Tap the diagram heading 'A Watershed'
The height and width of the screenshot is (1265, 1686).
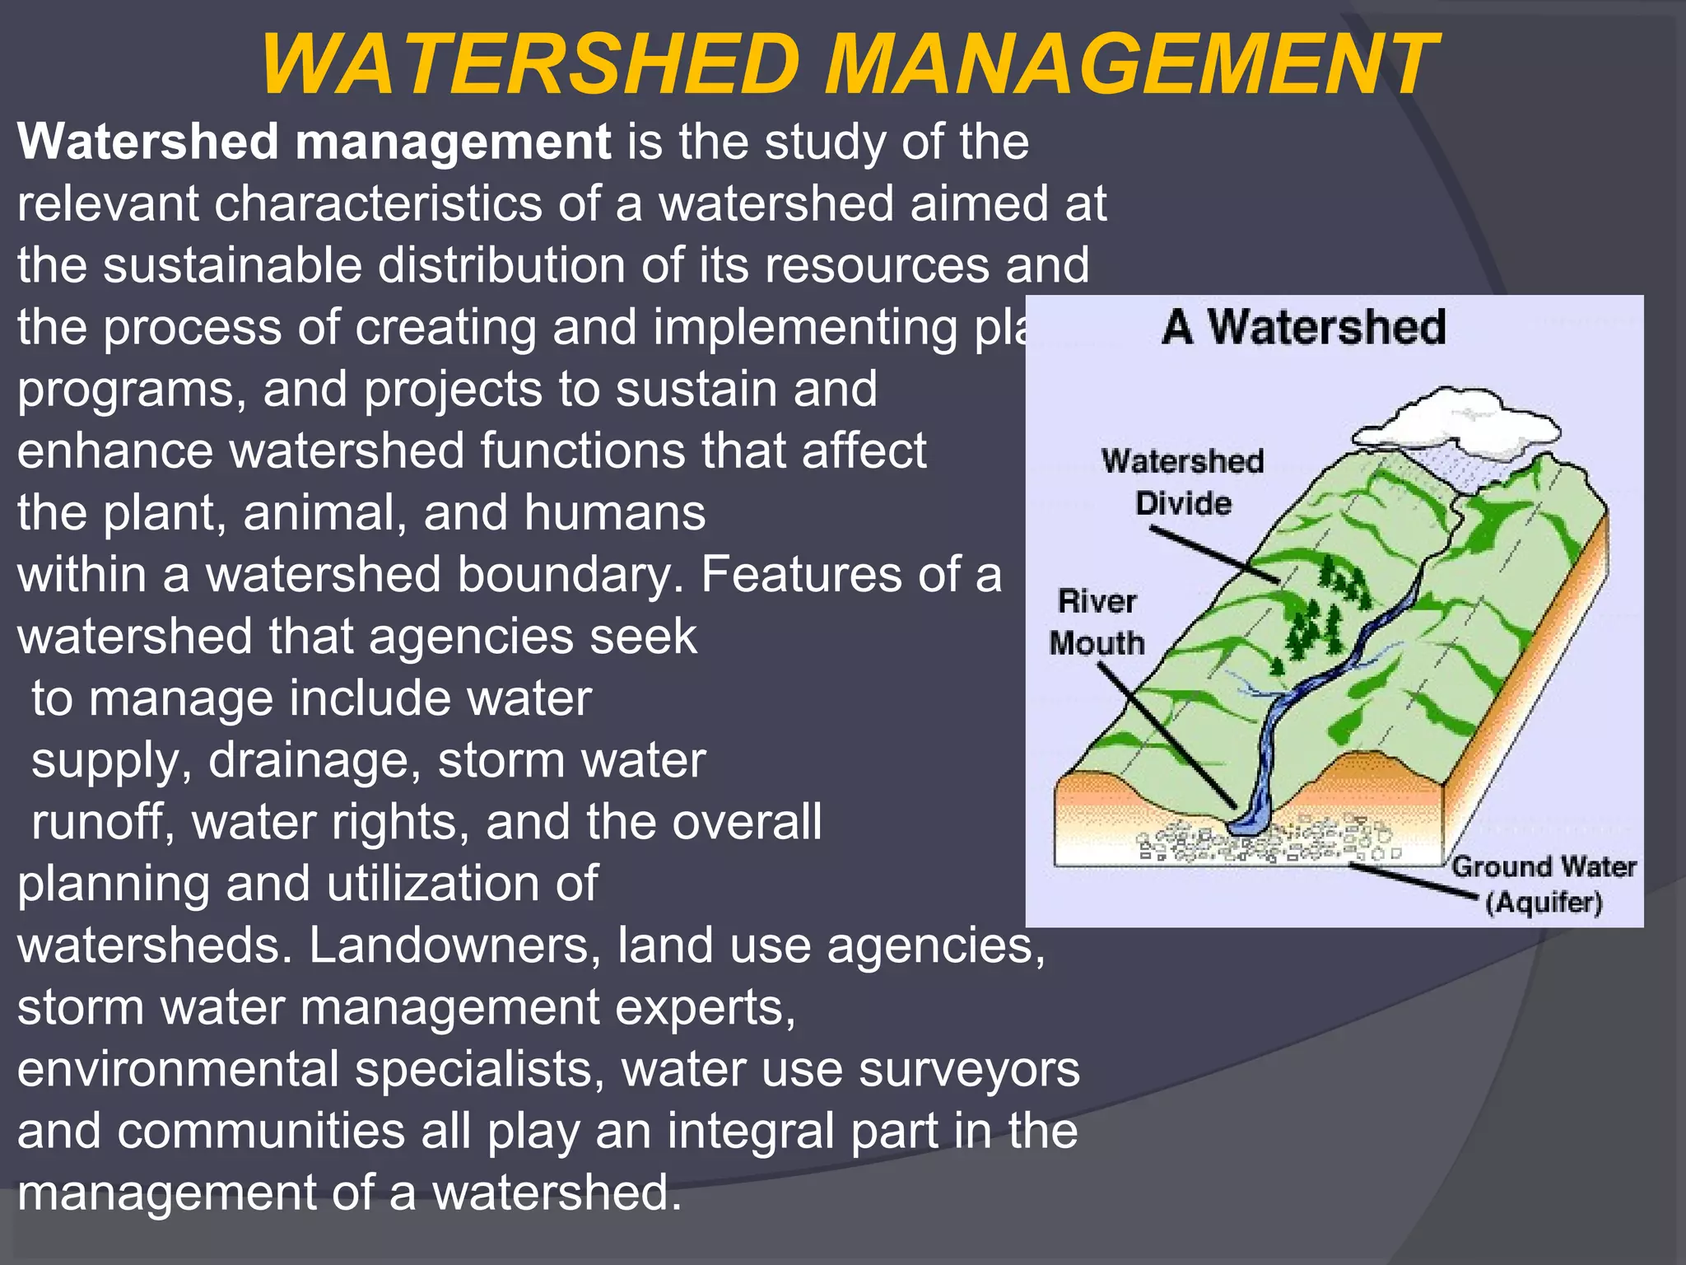[x=1303, y=327]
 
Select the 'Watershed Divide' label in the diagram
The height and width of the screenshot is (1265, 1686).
[x=1182, y=482]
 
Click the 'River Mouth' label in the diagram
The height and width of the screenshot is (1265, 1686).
[x=1097, y=622]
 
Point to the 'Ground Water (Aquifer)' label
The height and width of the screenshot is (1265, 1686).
[x=1543, y=885]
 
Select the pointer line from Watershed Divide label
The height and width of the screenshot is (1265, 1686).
[x=1214, y=556]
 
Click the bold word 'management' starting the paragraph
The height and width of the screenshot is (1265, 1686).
[x=452, y=142]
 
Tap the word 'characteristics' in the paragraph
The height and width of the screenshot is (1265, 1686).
[x=378, y=203]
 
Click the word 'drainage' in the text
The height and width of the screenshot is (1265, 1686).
[x=314, y=760]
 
